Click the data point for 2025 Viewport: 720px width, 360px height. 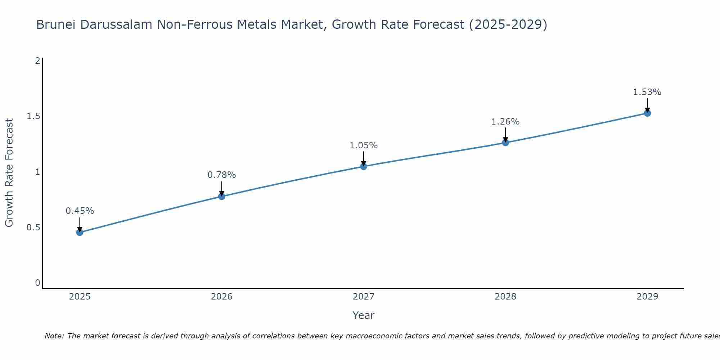coord(80,233)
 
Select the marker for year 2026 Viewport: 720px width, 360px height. coord(222,196)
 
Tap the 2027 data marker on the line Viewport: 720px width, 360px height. coord(364,166)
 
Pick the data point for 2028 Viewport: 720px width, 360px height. coord(505,143)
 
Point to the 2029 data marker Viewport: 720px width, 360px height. coord(647,113)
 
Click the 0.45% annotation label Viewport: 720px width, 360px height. coord(80,211)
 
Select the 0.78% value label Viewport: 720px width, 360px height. coord(222,175)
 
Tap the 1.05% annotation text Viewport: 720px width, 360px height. coord(364,145)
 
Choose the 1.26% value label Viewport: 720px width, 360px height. coord(505,122)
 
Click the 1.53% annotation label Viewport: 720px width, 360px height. coord(647,92)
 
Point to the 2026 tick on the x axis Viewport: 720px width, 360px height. coord(222,297)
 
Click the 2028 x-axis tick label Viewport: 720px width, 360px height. coord(505,297)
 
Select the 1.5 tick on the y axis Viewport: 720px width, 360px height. coord(33,116)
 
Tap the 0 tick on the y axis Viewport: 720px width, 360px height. coord(37,283)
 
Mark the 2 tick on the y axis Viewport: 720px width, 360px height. coord(37,60)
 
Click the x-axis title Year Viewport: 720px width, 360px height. coord(364,315)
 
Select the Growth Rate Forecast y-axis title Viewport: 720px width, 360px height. coord(9,173)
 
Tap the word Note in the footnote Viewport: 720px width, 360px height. coord(54,336)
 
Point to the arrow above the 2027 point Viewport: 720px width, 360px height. coord(364,158)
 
